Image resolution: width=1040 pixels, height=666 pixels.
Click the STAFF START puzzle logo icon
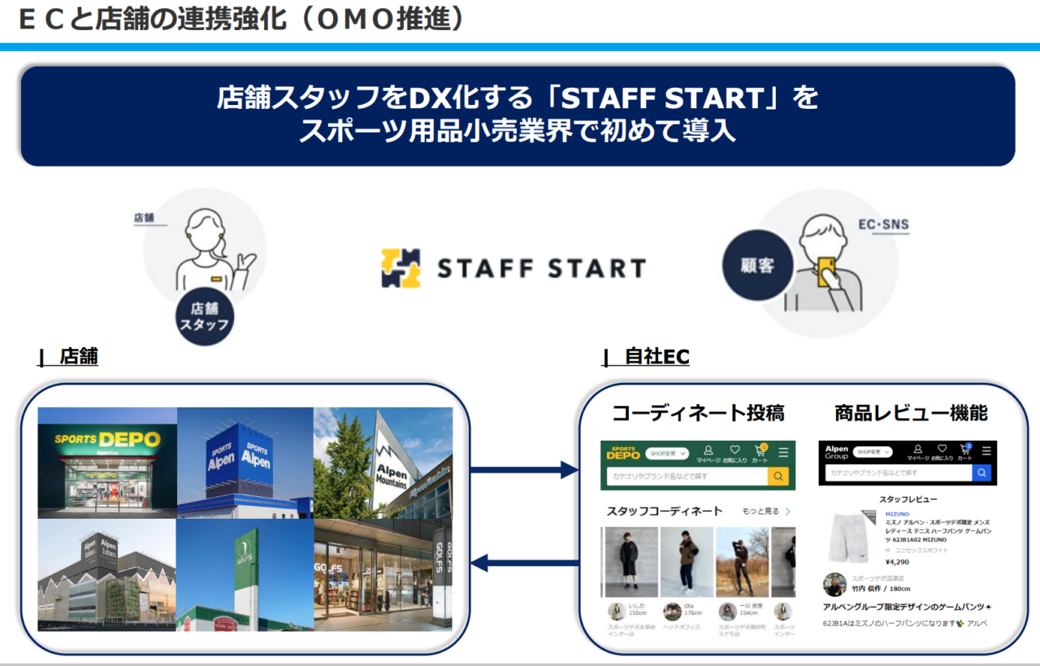401,268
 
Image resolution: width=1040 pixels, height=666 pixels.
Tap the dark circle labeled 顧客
756,266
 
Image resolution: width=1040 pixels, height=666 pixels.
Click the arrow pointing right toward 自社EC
524,469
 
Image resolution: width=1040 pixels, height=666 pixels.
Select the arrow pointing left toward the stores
524,561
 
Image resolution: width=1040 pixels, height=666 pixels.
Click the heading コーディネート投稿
698,413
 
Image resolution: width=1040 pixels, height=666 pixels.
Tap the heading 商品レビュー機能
911,413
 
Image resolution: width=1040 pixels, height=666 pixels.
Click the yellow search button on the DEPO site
778,477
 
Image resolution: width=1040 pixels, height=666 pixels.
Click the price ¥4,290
898,561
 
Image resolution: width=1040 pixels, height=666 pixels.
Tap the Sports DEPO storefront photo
107,463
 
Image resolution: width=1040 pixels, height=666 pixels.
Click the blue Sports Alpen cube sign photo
245,463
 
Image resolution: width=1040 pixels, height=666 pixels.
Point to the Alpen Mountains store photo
383,463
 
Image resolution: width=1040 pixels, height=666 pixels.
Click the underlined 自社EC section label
656,357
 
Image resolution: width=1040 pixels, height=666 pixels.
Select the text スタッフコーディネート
664,511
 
